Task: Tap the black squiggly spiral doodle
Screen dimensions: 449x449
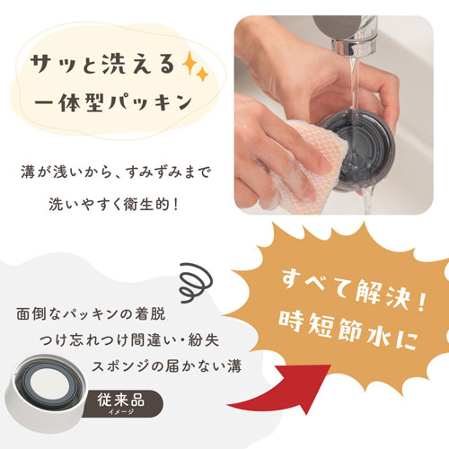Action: pyautogui.click(x=196, y=282)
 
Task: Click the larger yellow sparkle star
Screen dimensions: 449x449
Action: pyautogui.click(x=189, y=63)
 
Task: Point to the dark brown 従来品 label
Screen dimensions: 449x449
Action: pyautogui.click(x=123, y=403)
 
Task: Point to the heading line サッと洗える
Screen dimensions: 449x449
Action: pyautogui.click(x=102, y=65)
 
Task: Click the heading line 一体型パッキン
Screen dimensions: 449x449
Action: pyautogui.click(x=113, y=102)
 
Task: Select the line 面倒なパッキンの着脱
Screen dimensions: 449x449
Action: pyautogui.click(x=91, y=314)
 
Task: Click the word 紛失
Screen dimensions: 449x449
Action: pyautogui.click(x=204, y=340)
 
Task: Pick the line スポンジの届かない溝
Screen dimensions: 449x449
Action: pyautogui.click(x=166, y=366)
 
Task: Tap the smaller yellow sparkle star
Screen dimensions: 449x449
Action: pyautogui.click(x=203, y=75)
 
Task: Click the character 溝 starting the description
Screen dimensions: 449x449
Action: pyautogui.click(x=29, y=172)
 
